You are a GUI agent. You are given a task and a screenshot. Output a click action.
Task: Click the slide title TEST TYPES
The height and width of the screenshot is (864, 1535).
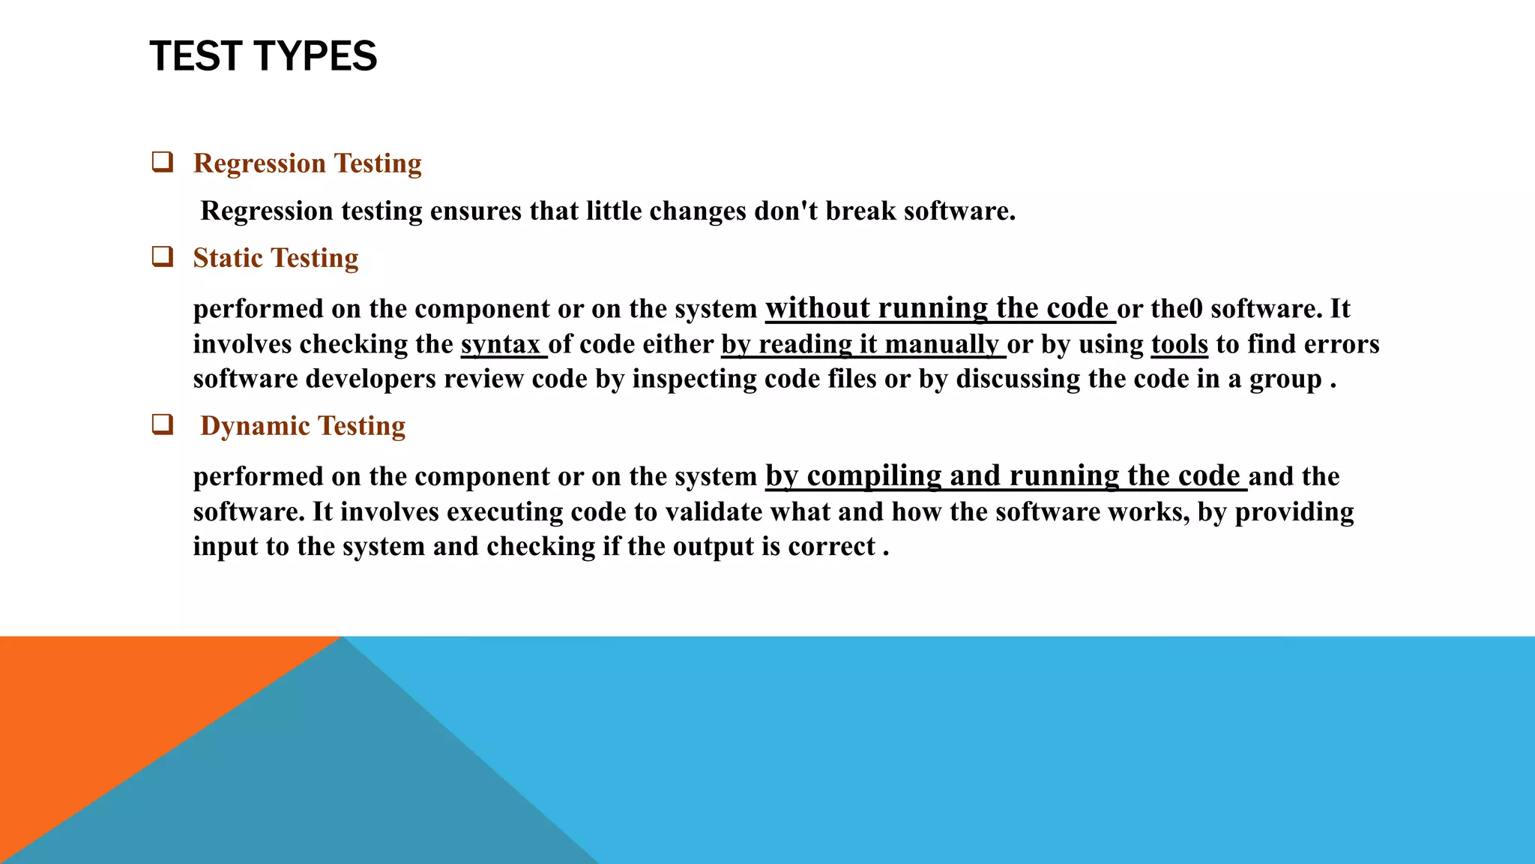pyautogui.click(x=263, y=56)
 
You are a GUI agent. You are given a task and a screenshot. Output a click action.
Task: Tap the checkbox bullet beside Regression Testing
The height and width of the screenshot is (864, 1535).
pyautogui.click(x=163, y=162)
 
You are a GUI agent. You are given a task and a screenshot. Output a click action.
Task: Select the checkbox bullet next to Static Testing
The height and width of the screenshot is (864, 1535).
pyautogui.click(x=163, y=256)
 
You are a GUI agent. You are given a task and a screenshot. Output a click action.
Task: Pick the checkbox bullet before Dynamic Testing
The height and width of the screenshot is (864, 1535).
pyautogui.click(x=163, y=424)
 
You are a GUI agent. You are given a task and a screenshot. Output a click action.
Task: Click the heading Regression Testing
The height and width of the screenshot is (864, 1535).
pyautogui.click(x=307, y=163)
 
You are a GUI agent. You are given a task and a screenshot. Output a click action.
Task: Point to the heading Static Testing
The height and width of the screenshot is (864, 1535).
pyautogui.click(x=276, y=258)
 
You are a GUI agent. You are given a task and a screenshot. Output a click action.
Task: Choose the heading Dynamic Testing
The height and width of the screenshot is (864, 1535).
pyautogui.click(x=303, y=426)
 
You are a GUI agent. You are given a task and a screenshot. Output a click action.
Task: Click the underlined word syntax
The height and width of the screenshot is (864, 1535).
pyautogui.click(x=501, y=344)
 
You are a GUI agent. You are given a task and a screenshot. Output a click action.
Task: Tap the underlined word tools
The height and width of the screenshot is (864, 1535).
pyautogui.click(x=1179, y=344)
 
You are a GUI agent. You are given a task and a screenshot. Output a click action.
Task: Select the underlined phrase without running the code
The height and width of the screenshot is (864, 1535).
pyautogui.click(x=937, y=308)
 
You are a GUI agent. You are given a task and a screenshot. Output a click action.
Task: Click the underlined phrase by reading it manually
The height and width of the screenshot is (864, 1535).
pyautogui.click(x=860, y=344)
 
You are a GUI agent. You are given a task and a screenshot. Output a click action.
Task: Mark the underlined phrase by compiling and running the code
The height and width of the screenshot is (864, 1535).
pyautogui.click(x=1003, y=476)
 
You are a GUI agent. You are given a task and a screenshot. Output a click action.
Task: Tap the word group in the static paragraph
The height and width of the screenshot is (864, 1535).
pyautogui.click(x=1285, y=379)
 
